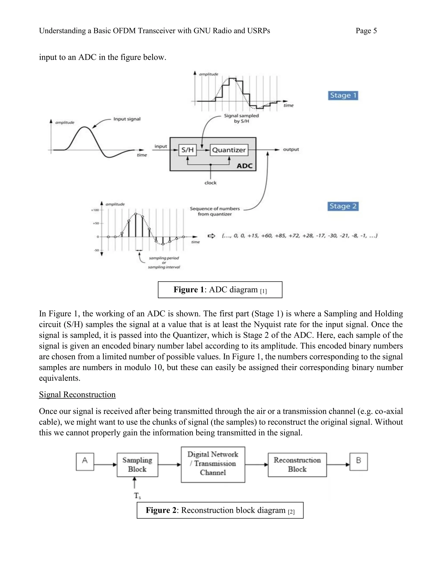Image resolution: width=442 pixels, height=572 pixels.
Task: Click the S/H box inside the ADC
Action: coord(188,150)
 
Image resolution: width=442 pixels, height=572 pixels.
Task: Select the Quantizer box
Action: coord(229,150)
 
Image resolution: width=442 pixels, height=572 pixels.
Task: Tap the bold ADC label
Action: coord(245,166)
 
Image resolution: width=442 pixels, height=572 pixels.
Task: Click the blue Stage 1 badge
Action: coord(343,95)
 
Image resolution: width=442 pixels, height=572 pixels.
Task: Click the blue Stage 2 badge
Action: coord(343,206)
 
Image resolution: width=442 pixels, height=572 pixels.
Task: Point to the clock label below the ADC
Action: coord(210,183)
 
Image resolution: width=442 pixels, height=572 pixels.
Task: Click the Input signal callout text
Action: coord(127,119)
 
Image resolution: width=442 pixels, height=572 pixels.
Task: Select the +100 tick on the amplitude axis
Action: coord(95,210)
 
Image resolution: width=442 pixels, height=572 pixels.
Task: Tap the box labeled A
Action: coord(85,462)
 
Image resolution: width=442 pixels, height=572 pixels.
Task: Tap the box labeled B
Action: coord(358,462)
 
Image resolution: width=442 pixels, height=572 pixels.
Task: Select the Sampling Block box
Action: coord(137,465)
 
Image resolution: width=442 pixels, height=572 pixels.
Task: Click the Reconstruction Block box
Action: coord(297,465)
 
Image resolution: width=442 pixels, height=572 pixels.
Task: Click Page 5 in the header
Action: coord(366,31)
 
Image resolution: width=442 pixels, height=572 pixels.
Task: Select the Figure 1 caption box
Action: coord(220,290)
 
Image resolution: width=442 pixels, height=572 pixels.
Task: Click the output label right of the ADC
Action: coord(291,150)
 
